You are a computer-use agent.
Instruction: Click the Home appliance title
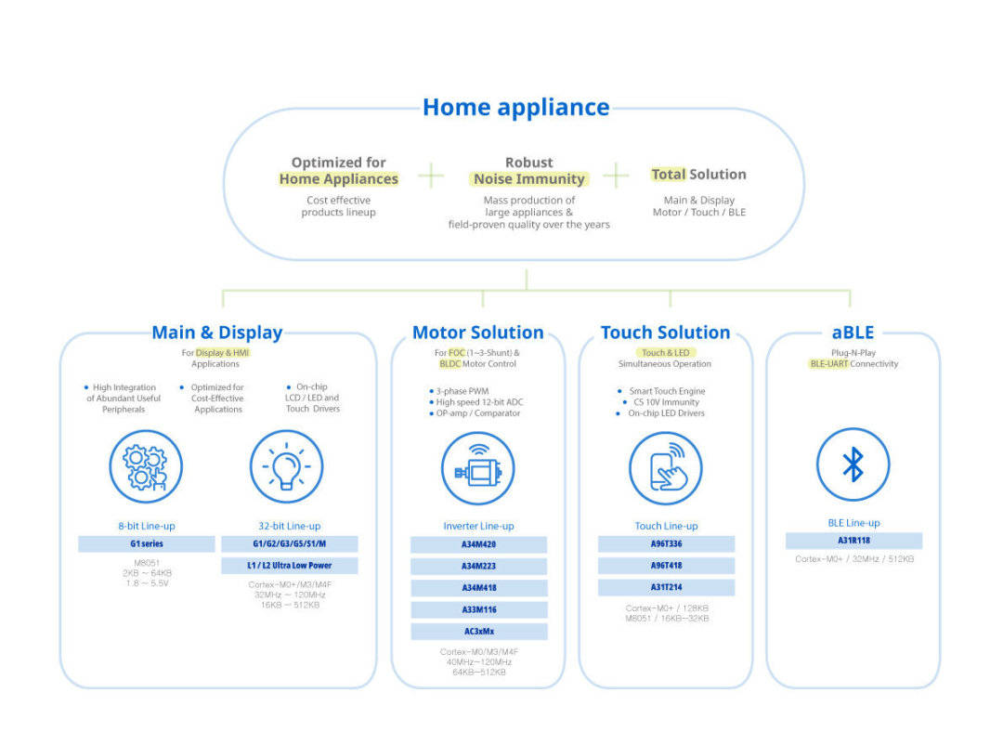[515, 108]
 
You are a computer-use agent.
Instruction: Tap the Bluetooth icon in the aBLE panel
[853, 465]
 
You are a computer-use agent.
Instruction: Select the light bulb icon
[287, 466]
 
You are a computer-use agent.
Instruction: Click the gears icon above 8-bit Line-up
[146, 466]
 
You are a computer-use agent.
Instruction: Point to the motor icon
[477, 468]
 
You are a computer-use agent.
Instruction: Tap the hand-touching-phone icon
[665, 468]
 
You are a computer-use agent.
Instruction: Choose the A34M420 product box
[478, 545]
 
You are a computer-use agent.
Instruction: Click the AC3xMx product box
[478, 632]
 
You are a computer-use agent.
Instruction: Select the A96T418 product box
[666, 566]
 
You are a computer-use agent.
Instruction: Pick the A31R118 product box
[853, 541]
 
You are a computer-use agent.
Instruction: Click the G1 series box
[146, 544]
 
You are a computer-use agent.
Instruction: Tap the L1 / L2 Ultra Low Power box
[289, 566]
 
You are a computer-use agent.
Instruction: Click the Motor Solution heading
[478, 333]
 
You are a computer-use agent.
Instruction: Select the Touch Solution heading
[665, 333]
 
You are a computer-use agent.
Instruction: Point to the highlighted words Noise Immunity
[528, 179]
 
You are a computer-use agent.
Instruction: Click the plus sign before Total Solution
[616, 175]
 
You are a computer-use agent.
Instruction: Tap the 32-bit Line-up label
[289, 526]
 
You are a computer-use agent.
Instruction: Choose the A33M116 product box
[478, 610]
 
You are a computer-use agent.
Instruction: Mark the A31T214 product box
[666, 587]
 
